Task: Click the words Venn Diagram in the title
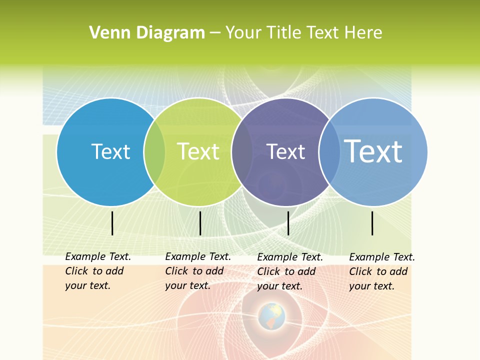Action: pyautogui.click(x=147, y=33)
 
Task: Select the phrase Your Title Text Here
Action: pyautogui.click(x=303, y=33)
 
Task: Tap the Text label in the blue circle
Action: pyautogui.click(x=110, y=151)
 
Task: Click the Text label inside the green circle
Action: pyautogui.click(x=198, y=151)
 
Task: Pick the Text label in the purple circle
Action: pyautogui.click(x=285, y=151)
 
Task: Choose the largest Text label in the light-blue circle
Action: pyautogui.click(x=373, y=151)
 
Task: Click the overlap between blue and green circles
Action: pyautogui.click(x=154, y=152)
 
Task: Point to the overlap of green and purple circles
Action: pyautogui.click(x=242, y=152)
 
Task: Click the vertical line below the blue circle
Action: pyautogui.click(x=112, y=223)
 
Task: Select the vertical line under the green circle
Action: pyautogui.click(x=200, y=223)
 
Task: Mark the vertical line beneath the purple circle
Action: pyautogui.click(x=288, y=223)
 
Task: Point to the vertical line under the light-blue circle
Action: pyautogui.click(x=372, y=223)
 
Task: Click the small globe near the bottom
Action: pyautogui.click(x=271, y=316)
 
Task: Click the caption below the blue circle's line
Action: pyautogui.click(x=97, y=271)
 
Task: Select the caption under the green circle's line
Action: pyautogui.click(x=197, y=271)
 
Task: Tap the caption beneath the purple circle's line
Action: pyautogui.click(x=289, y=271)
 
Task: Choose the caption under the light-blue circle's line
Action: pyautogui.click(x=381, y=271)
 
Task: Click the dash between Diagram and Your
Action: pyautogui.click(x=215, y=33)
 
